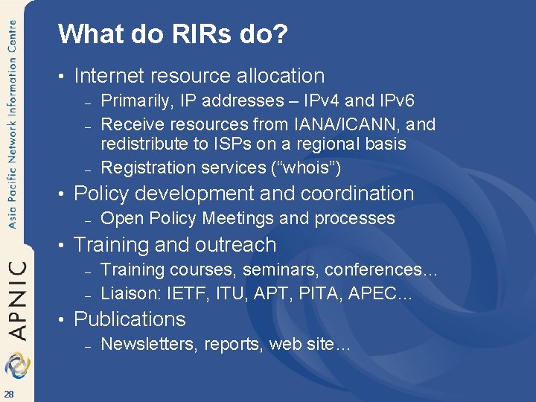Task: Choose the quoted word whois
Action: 304,168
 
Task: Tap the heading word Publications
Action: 130,319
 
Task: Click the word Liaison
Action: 127,294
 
